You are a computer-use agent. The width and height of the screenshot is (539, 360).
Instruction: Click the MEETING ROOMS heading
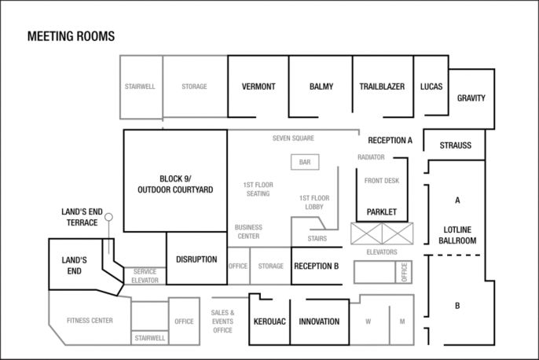click(x=71, y=36)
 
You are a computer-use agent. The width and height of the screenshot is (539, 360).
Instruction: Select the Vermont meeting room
click(x=258, y=86)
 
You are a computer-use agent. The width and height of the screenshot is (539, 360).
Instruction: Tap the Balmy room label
click(x=321, y=86)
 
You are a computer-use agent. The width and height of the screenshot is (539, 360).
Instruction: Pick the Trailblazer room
click(x=383, y=86)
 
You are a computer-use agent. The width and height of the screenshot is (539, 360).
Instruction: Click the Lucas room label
click(x=431, y=86)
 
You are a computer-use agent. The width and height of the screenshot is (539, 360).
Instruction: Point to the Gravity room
click(x=471, y=99)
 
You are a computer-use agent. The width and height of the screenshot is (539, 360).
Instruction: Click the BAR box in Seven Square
click(x=305, y=162)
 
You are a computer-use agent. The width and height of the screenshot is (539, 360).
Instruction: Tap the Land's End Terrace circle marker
click(x=108, y=217)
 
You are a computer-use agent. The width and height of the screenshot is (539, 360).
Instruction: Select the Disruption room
click(x=196, y=259)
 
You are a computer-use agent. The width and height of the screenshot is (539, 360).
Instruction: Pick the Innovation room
click(x=320, y=321)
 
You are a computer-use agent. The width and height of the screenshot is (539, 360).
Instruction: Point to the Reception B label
click(x=316, y=266)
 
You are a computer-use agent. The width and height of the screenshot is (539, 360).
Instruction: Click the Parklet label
click(x=382, y=212)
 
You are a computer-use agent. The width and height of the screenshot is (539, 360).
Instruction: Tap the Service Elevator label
click(x=145, y=276)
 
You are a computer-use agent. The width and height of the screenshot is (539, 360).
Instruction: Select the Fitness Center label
click(x=90, y=321)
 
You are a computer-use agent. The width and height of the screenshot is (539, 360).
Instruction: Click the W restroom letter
click(x=368, y=321)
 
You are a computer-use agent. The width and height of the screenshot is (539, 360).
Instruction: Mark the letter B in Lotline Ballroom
click(x=457, y=305)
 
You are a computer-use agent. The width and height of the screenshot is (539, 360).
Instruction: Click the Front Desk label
click(x=382, y=181)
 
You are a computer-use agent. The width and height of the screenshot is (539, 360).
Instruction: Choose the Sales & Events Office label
click(x=223, y=321)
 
